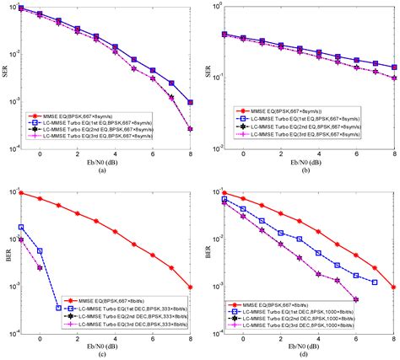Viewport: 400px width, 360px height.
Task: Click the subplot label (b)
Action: coord(306,169)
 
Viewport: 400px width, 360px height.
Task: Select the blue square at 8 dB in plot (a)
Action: coord(192,102)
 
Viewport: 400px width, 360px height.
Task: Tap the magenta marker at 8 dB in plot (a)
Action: coord(192,129)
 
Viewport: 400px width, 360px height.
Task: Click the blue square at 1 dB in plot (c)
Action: coord(58,308)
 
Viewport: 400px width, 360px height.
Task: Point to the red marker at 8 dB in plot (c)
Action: coord(192,287)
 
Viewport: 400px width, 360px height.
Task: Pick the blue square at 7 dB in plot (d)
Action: coord(374,282)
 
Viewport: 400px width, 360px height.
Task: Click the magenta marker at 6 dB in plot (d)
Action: coord(355,299)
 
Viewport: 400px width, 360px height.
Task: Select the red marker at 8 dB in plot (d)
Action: coord(394,287)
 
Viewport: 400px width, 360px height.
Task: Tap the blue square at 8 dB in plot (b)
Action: coord(394,67)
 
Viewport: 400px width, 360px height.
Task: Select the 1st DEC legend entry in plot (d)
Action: coord(294,315)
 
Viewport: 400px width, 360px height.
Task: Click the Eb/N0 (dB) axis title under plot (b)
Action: coord(306,161)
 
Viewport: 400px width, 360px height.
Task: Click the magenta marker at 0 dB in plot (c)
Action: coord(40,268)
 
